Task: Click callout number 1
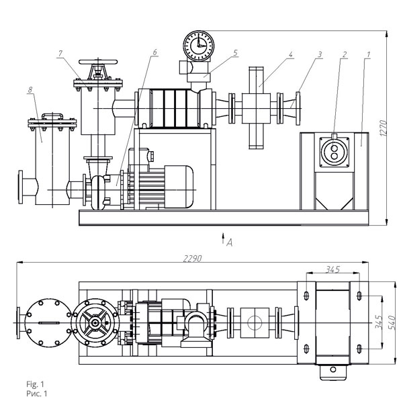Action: click(x=368, y=54)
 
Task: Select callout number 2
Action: click(x=345, y=54)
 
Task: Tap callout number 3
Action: click(x=320, y=54)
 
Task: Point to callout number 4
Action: click(x=290, y=54)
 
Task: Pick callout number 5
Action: click(x=236, y=53)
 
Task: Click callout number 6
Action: click(x=154, y=52)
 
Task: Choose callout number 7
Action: click(x=60, y=54)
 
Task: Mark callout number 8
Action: click(x=30, y=90)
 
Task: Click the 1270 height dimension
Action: click(x=383, y=128)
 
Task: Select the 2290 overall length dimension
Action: click(x=193, y=259)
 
